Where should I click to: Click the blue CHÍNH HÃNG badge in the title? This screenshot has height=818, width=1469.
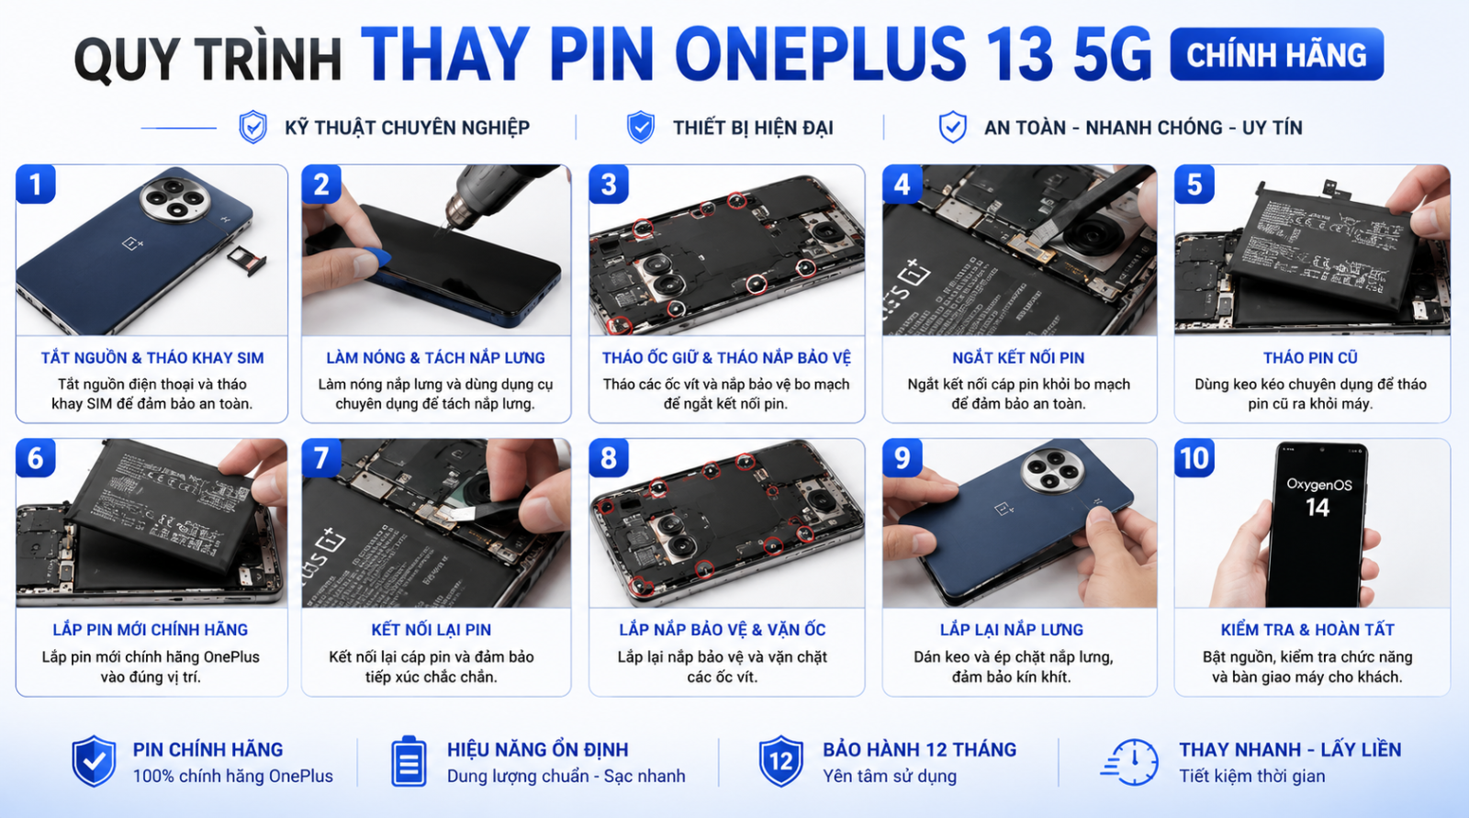click(x=1276, y=54)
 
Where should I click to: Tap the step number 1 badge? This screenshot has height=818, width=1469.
click(x=36, y=185)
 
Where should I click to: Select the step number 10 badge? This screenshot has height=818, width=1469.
click(x=1194, y=458)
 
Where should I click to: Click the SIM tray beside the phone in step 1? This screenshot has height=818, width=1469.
click(x=247, y=260)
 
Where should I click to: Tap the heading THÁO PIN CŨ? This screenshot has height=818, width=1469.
click(x=1310, y=357)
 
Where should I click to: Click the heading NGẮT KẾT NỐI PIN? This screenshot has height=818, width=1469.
click(x=1018, y=357)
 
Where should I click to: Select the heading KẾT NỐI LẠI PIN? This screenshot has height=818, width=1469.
click(x=431, y=630)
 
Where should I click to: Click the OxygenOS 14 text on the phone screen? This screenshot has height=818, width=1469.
click(x=1318, y=497)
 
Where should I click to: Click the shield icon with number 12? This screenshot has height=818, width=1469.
click(x=780, y=761)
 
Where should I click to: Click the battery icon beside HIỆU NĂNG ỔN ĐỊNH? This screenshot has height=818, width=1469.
click(x=409, y=761)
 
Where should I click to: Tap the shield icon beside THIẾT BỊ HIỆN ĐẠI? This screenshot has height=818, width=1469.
click(x=641, y=127)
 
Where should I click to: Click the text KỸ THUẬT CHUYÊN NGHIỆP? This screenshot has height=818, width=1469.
click(x=408, y=128)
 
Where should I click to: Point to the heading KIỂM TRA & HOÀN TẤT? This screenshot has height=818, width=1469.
click(x=1307, y=630)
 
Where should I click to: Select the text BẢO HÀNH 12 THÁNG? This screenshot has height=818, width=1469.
click(x=919, y=749)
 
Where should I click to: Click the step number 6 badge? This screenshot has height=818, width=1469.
click(x=36, y=458)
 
